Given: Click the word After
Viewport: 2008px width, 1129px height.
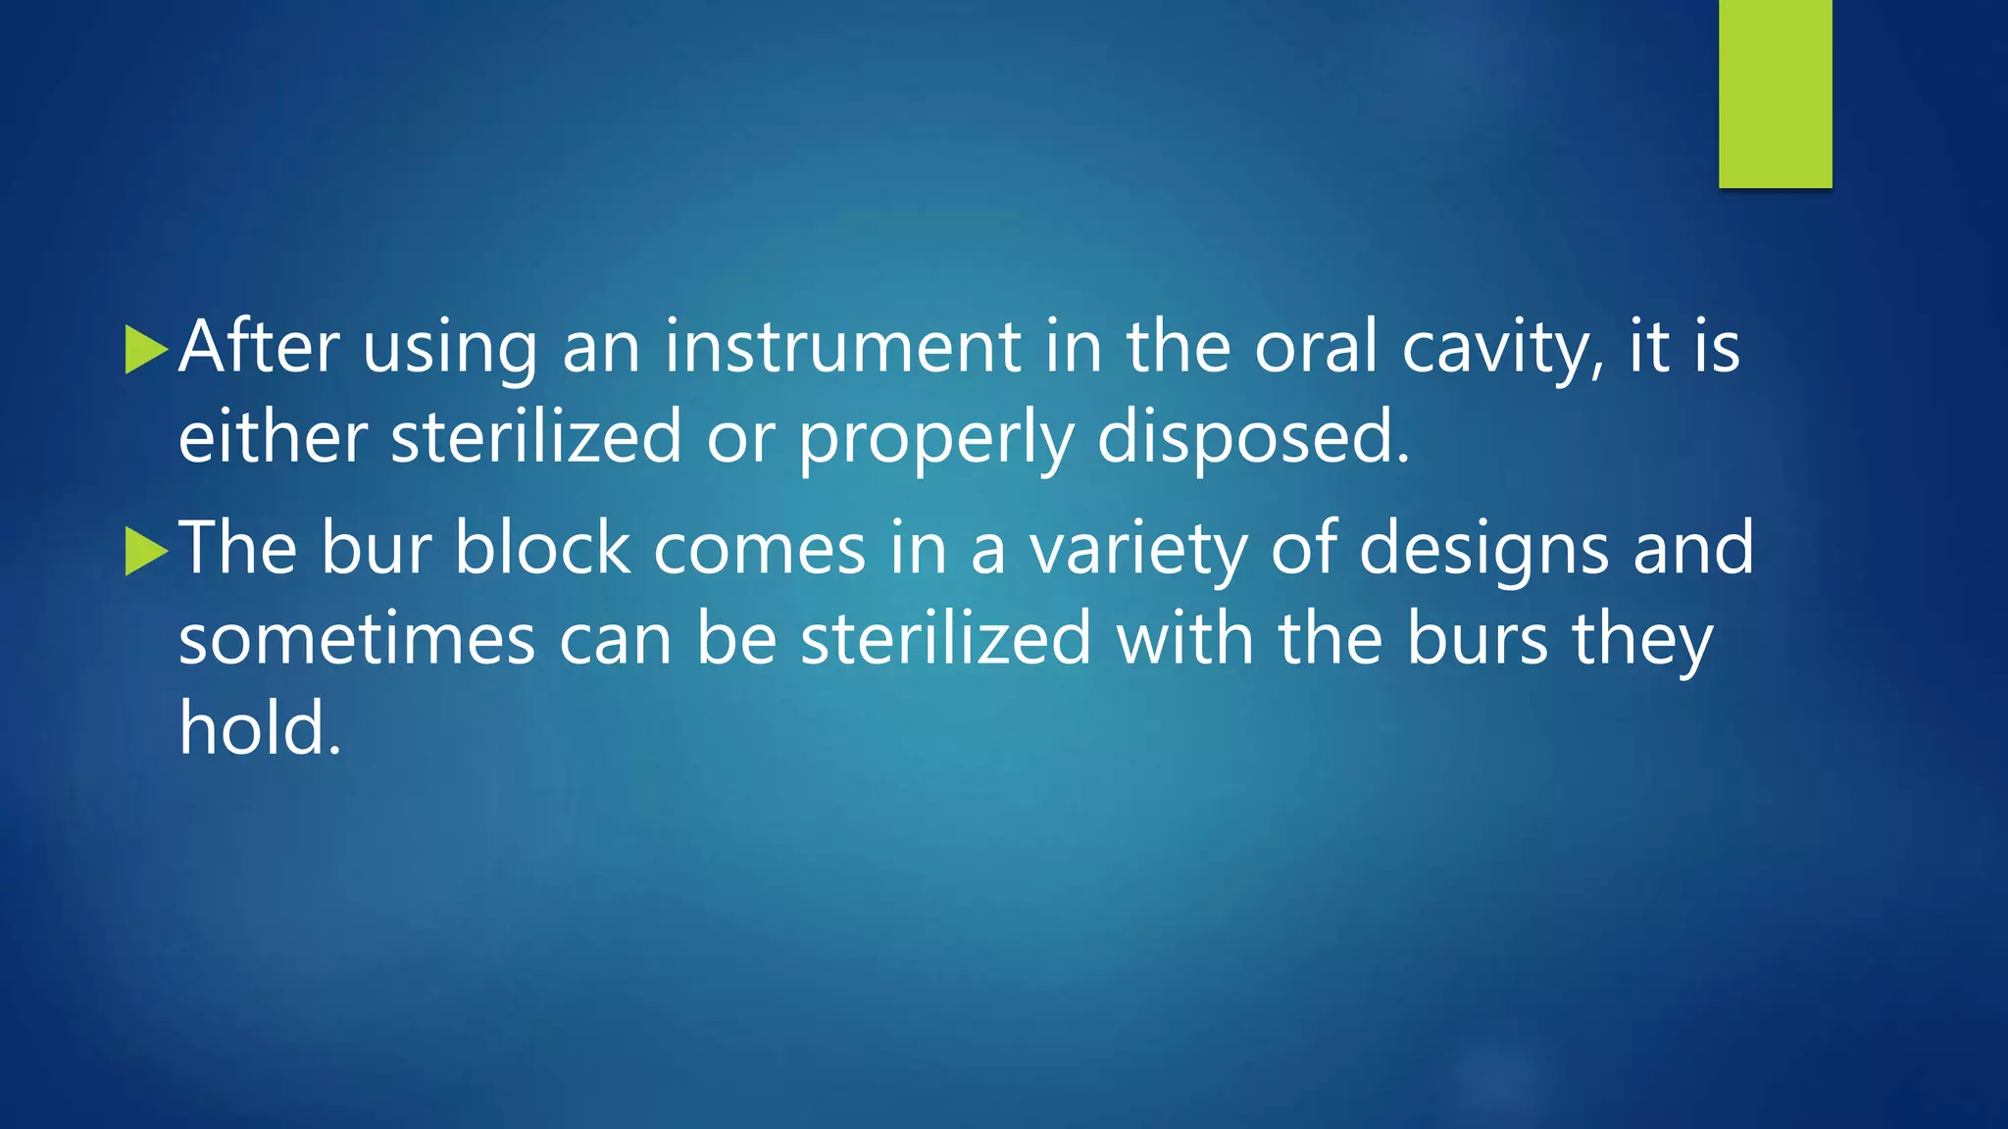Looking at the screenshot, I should click(x=259, y=347).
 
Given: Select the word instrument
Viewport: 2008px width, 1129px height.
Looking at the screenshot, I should click(x=843, y=347).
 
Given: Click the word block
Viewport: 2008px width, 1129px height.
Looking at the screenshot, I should click(x=542, y=549).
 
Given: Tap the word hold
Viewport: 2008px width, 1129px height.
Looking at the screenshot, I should click(x=259, y=729).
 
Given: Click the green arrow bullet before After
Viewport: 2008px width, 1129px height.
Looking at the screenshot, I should click(x=146, y=350).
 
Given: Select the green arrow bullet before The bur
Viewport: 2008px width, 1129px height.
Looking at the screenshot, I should click(x=146, y=551).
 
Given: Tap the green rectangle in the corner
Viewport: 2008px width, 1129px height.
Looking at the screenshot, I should click(x=1775, y=93).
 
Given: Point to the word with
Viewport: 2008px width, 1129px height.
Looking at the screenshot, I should click(x=1184, y=639).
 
